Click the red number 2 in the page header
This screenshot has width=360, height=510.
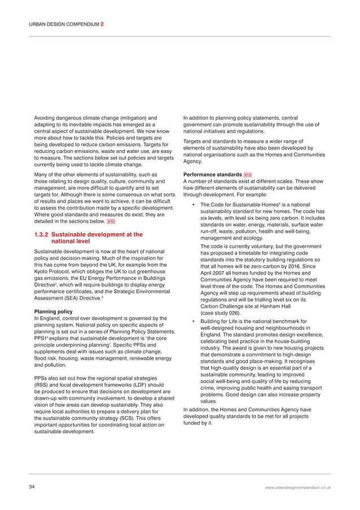pyautogui.click(x=102, y=24)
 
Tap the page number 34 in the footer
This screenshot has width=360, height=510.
pyautogui.click(x=33, y=486)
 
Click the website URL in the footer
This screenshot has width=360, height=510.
pyautogui.click(x=298, y=487)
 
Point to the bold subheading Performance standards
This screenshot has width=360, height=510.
pyautogui.click(x=213, y=175)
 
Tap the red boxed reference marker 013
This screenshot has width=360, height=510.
pyautogui.click(x=248, y=175)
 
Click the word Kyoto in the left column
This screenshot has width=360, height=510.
pyautogui.click(x=43, y=272)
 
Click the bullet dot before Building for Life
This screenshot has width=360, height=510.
pyautogui.click(x=194, y=321)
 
